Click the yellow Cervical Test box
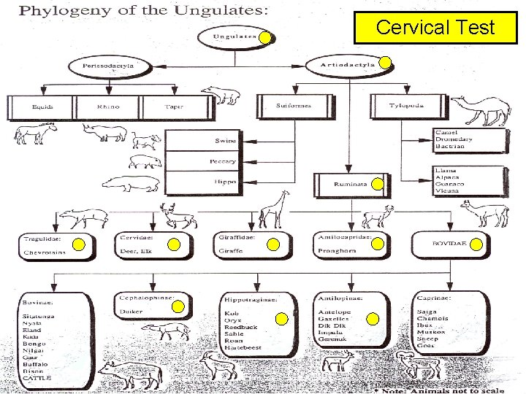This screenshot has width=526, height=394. pyautogui.click(x=435, y=28)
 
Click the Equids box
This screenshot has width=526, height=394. pyautogui.click(x=42, y=106)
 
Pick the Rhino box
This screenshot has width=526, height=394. pyautogui.click(x=107, y=106)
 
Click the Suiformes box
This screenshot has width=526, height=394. pyautogui.click(x=294, y=105)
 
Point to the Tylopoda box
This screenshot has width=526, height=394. pyautogui.click(x=406, y=105)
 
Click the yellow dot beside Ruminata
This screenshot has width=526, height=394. pyautogui.click(x=377, y=185)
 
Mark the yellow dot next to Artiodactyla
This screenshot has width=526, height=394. pyautogui.click(x=383, y=63)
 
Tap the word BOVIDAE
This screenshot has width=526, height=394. pyautogui.click(x=449, y=242)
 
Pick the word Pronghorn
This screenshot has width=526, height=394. pyautogui.click(x=335, y=251)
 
